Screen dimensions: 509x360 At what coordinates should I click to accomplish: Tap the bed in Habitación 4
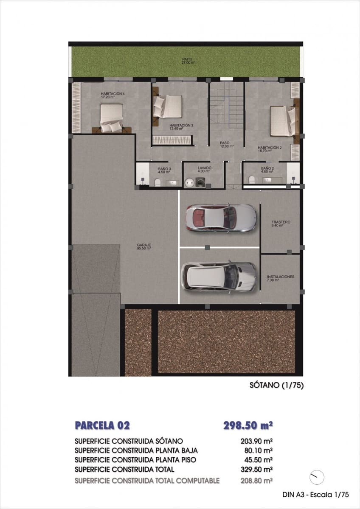112,117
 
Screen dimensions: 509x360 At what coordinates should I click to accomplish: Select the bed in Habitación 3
167,106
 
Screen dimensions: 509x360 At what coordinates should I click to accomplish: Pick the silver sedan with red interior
221,218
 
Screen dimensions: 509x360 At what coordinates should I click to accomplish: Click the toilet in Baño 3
157,182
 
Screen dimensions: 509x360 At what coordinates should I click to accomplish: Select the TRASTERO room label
281,222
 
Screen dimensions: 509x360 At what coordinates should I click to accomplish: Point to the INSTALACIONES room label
281,277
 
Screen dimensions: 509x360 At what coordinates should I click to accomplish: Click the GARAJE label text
144,245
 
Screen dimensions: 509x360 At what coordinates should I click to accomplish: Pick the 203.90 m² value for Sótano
256,441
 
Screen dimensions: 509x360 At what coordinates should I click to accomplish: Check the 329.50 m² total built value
256,469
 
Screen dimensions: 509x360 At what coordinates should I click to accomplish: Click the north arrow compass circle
317,477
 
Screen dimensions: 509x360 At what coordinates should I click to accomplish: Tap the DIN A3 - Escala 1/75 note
315,494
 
